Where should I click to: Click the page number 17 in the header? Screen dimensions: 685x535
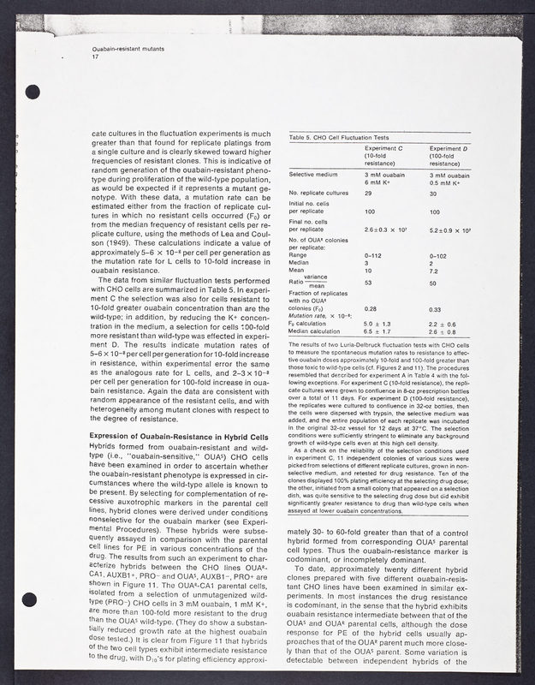pos(95,57)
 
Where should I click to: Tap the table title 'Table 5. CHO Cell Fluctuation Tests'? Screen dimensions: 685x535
pos(340,137)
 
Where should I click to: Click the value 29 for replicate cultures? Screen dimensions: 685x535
pos(369,194)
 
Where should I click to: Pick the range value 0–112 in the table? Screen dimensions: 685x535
pos(372,255)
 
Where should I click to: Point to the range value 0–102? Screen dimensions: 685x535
pos(437,255)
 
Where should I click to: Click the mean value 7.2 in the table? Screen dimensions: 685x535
pos(433,271)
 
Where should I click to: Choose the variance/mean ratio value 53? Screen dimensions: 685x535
pos(369,282)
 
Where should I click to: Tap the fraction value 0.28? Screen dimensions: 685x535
pos(372,308)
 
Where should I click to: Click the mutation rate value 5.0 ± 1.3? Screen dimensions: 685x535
pos(377,323)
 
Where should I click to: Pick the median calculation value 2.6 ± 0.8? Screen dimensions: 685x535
pos(443,331)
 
